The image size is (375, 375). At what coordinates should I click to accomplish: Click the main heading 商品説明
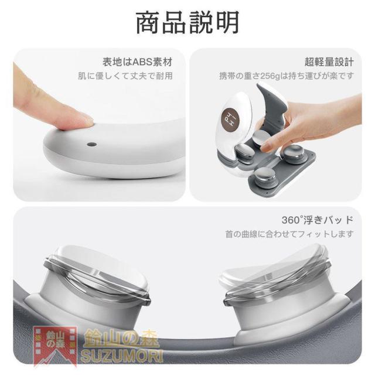187,23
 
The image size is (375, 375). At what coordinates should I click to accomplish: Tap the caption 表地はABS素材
138,62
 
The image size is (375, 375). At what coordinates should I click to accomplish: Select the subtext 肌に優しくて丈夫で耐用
125,76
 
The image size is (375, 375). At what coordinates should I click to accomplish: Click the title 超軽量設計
329,62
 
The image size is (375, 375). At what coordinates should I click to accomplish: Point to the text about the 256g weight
287,76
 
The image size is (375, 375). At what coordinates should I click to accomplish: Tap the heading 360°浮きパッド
318,220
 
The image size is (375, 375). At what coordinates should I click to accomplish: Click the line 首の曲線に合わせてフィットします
289,234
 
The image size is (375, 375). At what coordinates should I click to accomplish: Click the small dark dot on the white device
92,145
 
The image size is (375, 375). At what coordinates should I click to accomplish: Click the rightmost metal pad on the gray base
294,153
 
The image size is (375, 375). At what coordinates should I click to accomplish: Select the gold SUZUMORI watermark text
121,356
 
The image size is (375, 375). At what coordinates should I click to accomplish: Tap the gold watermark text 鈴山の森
122,339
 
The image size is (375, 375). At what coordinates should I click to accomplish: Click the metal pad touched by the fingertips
262,139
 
